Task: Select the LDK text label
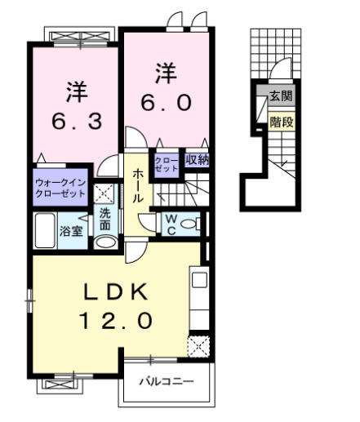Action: (116, 291)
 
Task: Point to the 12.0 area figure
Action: (116, 321)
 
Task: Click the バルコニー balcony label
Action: (166, 381)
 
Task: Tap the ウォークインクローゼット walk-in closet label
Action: (60, 190)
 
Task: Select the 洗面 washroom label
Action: (105, 220)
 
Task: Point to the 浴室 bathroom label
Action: (69, 232)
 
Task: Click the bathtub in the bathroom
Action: (45, 230)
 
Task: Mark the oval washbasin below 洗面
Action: (104, 242)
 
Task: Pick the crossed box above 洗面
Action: (104, 194)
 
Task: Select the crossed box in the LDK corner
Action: (198, 346)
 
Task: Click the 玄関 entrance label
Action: (282, 96)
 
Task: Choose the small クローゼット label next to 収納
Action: (166, 162)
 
